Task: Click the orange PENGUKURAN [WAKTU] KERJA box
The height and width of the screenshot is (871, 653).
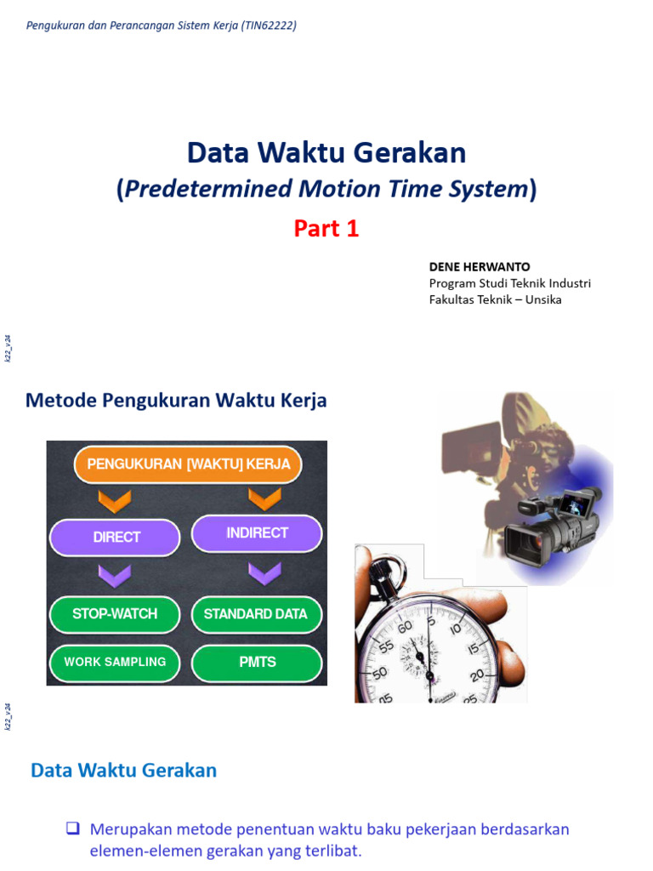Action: [188, 464]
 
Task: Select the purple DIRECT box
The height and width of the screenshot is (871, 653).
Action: [116, 537]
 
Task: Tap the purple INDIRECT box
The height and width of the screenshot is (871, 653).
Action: [257, 533]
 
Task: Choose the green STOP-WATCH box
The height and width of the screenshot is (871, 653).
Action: [115, 614]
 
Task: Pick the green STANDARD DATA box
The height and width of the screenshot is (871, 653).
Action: [256, 614]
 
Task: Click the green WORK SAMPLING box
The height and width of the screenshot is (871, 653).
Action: [115, 662]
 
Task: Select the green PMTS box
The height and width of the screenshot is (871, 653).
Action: [257, 662]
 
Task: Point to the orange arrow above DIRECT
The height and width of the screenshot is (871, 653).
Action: [115, 498]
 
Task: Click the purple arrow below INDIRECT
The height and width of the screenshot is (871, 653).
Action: [264, 573]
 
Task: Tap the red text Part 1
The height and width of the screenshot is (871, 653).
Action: [326, 229]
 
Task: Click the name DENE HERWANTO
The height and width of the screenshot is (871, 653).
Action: [480, 267]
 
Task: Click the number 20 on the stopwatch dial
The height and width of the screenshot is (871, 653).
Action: [478, 674]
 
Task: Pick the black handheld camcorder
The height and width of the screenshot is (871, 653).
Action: [548, 526]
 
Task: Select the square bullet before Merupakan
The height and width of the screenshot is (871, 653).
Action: [72, 828]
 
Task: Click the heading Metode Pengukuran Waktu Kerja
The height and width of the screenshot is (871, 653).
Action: [176, 401]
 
